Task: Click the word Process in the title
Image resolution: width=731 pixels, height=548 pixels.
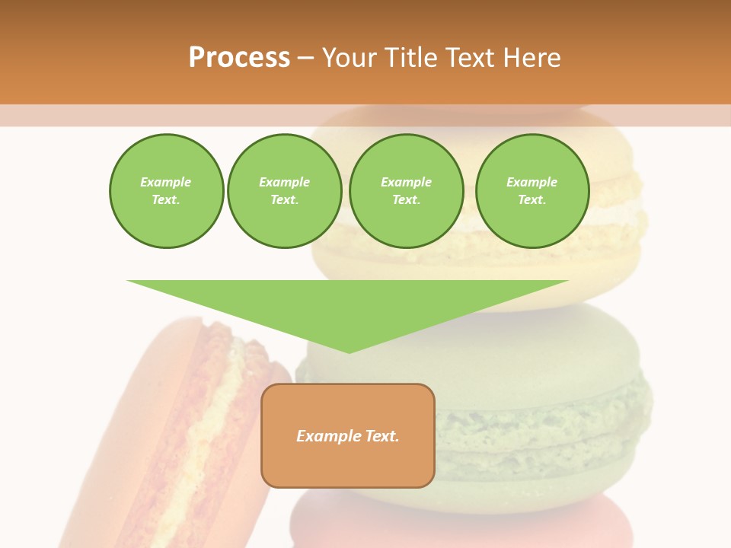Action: point(239,58)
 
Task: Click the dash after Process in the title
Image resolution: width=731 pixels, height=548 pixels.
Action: point(305,59)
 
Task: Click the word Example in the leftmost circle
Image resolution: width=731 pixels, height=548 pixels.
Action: point(166,182)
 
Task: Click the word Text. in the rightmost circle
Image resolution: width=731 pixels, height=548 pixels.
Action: point(531,199)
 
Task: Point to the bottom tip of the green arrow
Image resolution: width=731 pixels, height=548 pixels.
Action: point(350,352)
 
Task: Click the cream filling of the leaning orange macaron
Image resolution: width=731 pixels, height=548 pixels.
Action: point(217,411)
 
